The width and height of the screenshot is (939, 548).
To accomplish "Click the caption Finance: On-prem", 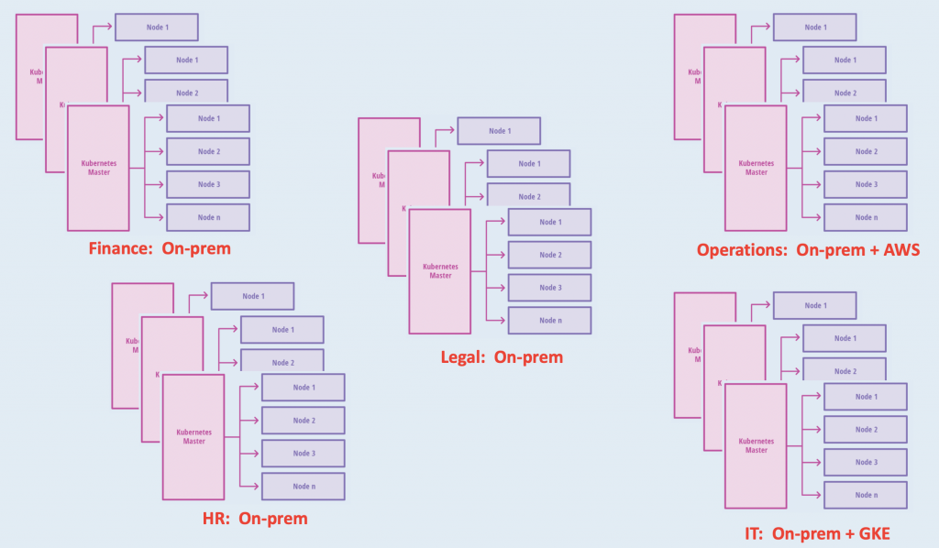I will click(x=160, y=248).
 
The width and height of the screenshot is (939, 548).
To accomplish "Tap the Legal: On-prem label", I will click(x=502, y=356).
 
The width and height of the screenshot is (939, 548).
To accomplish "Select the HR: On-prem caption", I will click(x=255, y=519).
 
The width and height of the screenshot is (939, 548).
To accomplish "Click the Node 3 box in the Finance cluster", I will click(x=208, y=184).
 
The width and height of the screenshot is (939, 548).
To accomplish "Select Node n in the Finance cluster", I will click(x=208, y=217).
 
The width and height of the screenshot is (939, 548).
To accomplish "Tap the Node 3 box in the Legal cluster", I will click(x=550, y=288).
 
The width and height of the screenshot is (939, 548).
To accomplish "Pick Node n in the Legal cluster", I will click(x=550, y=321).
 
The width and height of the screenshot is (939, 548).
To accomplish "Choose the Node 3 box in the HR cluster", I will click(x=304, y=454).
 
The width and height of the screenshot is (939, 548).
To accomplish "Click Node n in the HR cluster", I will click(x=304, y=486).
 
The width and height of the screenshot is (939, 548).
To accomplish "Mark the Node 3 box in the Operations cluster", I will click(x=866, y=184).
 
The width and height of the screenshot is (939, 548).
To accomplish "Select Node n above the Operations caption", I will click(x=866, y=217).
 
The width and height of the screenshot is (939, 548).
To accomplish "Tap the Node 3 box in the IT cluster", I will click(x=866, y=462).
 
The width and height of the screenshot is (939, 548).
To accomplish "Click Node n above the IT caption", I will click(x=866, y=495).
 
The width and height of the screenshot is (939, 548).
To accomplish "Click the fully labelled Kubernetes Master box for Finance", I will click(x=98, y=168).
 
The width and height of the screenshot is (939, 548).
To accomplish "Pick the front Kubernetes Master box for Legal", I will click(x=440, y=271).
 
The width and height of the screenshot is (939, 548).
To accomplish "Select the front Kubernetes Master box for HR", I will click(x=193, y=436).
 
